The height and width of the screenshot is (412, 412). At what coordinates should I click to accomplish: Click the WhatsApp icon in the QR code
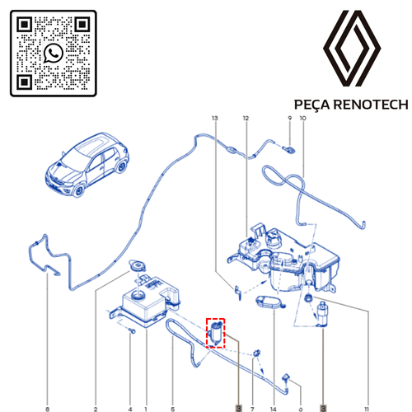coord(54,54)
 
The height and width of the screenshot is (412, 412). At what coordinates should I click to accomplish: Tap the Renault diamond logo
coord(352,49)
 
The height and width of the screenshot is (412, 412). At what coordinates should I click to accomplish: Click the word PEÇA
coord(311,105)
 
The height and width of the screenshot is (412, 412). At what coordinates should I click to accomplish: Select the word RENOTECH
coord(371,105)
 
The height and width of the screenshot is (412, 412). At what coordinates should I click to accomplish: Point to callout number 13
coord(215,118)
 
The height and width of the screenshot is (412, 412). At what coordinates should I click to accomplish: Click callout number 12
coord(246,118)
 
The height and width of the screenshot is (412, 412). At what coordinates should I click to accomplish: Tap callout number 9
coord(290,118)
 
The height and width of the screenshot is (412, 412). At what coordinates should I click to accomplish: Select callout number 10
coord(302,118)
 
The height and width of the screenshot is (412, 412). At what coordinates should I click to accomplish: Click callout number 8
coord(48,410)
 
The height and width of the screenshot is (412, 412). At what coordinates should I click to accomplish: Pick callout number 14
coord(274,410)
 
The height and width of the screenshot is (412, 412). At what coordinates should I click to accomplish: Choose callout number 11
coord(367,410)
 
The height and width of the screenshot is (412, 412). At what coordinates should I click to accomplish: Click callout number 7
coord(252,410)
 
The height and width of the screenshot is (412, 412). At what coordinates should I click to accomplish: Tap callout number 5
coord(173,410)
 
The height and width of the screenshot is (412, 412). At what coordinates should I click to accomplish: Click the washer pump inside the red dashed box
coord(216,333)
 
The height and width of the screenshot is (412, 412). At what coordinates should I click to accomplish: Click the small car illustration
coord(87,165)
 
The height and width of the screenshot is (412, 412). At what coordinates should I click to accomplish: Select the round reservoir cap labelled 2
coord(137,266)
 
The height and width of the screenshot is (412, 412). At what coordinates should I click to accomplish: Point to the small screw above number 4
coord(132,330)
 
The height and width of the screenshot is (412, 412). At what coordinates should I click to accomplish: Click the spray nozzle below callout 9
coord(289,150)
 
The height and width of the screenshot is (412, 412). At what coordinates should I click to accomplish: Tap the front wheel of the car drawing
coord(79,190)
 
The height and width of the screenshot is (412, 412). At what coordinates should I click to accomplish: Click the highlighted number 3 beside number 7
coord(238,409)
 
